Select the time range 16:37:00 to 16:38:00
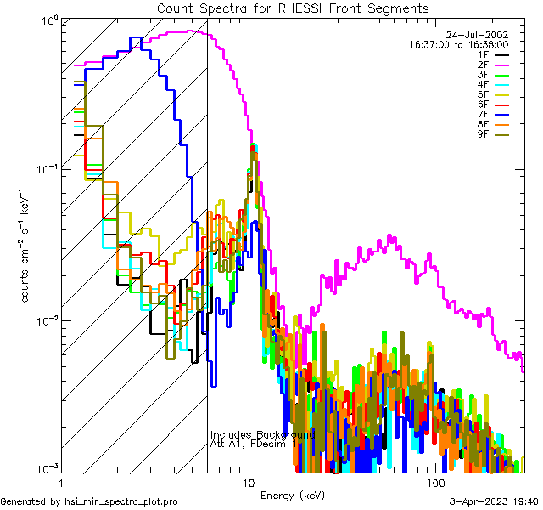tap(458, 44)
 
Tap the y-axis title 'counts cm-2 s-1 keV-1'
tap(27, 242)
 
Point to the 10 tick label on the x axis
tap(248, 482)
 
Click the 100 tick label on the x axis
tap(435, 482)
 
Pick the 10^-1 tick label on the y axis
tap(47, 169)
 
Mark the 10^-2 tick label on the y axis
tap(47, 320)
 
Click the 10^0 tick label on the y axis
tap(48, 19)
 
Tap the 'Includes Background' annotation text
tap(262, 434)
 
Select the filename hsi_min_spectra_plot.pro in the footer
tap(121, 501)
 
